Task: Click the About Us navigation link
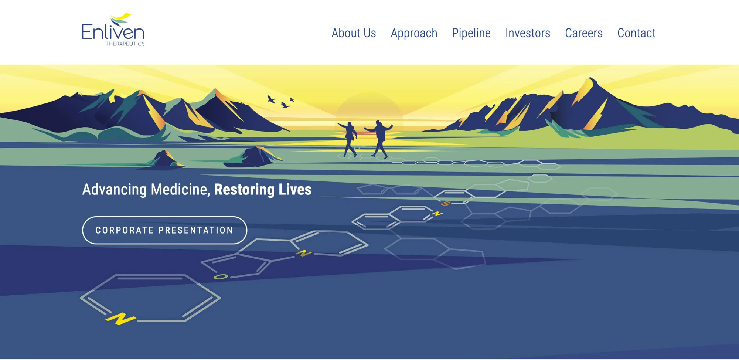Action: (x=354, y=33)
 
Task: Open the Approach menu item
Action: (x=414, y=34)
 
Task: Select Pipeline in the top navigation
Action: (x=471, y=34)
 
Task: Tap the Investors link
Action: (x=528, y=33)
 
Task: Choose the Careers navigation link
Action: (x=584, y=33)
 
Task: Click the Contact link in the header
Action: (x=636, y=33)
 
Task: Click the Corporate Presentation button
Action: (x=164, y=230)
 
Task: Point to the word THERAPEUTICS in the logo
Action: (x=125, y=44)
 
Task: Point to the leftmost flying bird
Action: (x=272, y=99)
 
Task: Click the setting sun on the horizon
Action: (x=369, y=107)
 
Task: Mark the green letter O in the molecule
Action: (x=221, y=276)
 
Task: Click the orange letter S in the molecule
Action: (x=446, y=203)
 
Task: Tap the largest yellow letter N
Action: (x=120, y=319)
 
